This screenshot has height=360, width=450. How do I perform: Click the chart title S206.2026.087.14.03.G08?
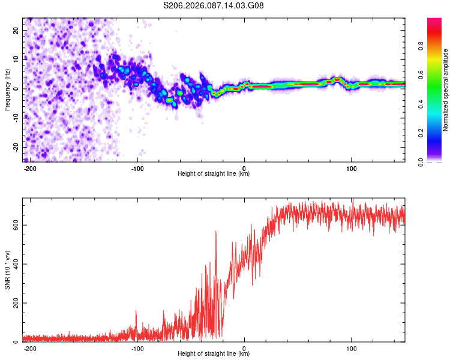click(x=214, y=6)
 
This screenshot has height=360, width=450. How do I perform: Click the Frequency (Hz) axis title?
click(x=7, y=90)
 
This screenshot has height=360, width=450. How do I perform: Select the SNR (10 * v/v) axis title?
click(x=7, y=271)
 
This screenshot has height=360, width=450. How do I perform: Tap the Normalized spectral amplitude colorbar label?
click(x=446, y=90)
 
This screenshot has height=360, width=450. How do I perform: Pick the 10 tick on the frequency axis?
click(x=17, y=59)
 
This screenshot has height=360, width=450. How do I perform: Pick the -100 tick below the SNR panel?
click(x=137, y=349)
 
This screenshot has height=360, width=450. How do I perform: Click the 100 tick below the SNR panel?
click(x=351, y=349)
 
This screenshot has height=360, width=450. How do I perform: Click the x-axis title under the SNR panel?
click(x=214, y=355)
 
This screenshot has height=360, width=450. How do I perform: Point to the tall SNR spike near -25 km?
click(x=216, y=233)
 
